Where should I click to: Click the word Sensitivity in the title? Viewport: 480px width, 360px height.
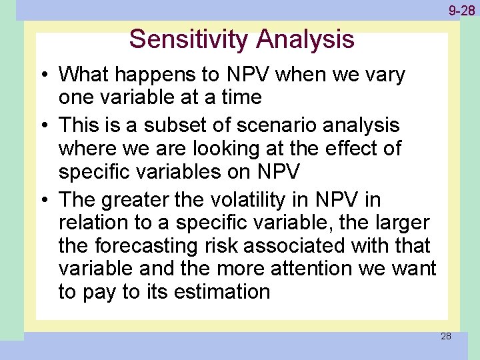tap(189, 39)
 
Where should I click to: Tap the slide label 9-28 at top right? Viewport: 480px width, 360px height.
tap(461, 11)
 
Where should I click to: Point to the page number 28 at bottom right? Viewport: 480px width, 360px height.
tap(445, 336)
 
